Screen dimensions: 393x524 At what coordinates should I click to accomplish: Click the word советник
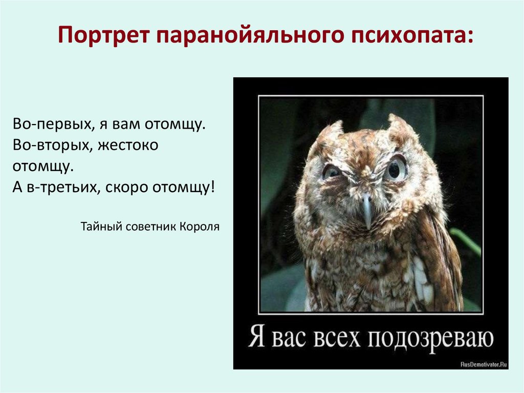pos(148,226)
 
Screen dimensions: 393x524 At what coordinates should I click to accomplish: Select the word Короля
pos(200,226)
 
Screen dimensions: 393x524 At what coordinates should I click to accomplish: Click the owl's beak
pos(367,209)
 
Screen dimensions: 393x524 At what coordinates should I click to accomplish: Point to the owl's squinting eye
pos(332,172)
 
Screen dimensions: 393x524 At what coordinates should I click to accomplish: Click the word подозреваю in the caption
pos(431,339)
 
